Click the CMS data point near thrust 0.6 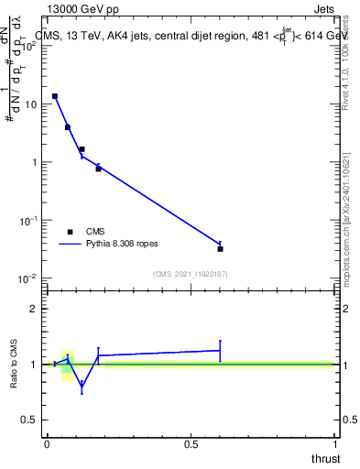pyautogui.click(x=221, y=248)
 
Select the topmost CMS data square pyautogui.click(x=55, y=96)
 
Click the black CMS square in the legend pyautogui.click(x=70, y=232)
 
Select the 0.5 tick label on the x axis pyautogui.click(x=191, y=443)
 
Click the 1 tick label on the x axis pyautogui.click(x=334, y=443)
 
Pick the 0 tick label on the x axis pyautogui.click(x=47, y=443)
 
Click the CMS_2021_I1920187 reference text pyautogui.click(x=191, y=273)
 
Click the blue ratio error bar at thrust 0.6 pyautogui.click(x=221, y=350)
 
